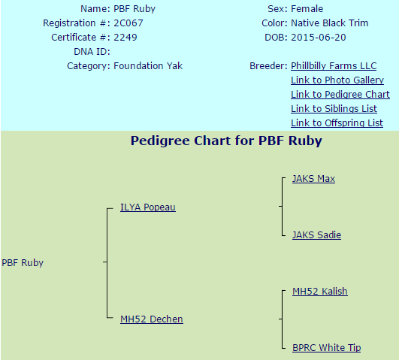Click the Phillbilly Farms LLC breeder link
334,66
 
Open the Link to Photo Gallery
337,80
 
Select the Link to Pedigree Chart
340,95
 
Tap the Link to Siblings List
334,109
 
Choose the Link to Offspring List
337,123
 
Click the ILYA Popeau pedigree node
147,207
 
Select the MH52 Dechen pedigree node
151,319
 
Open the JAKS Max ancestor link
313,179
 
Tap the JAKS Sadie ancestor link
316,235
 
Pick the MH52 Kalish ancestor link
319,292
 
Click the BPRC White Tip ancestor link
326,348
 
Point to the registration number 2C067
129,23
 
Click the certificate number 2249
125,38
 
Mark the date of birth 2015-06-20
319,38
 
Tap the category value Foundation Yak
147,66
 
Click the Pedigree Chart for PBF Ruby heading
225,141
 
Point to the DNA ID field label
92,52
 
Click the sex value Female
307,9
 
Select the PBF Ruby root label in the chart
23,263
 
